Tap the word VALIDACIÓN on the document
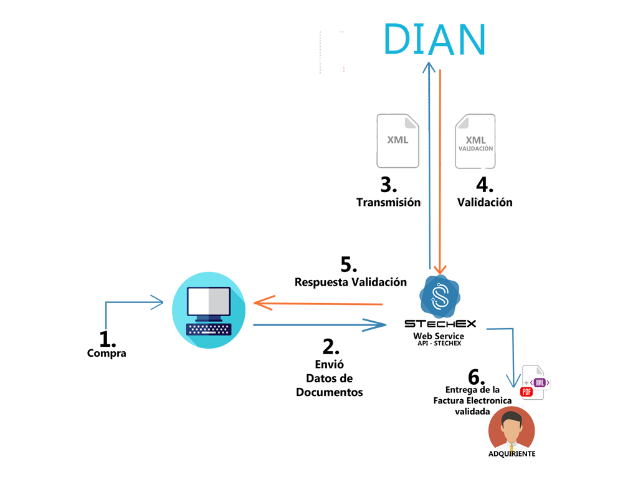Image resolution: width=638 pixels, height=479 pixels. [x=475, y=149]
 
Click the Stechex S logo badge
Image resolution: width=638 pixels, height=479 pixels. [x=440, y=296]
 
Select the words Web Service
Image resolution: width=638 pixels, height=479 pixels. [x=439, y=336]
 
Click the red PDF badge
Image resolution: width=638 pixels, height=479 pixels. [x=526, y=392]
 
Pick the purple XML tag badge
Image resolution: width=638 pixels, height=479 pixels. [x=540, y=382]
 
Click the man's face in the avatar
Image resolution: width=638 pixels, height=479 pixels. [x=511, y=431]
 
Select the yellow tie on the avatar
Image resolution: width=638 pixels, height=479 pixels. [x=511, y=450]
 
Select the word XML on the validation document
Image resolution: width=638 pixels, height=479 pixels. [x=475, y=140]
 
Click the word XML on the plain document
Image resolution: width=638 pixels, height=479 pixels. [x=398, y=140]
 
